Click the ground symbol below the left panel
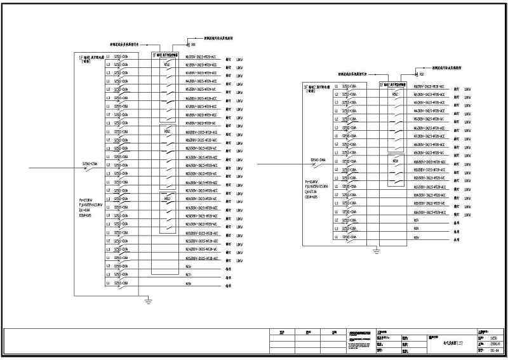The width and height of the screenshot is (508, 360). (x=148, y=300)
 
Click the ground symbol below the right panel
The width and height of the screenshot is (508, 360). (x=377, y=252)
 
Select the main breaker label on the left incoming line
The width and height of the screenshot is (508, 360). (x=90, y=164)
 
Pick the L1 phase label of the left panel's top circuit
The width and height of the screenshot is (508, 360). (x=109, y=57)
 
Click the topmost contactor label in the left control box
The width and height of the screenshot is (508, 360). (x=167, y=65)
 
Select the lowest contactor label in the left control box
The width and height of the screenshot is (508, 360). (x=167, y=199)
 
